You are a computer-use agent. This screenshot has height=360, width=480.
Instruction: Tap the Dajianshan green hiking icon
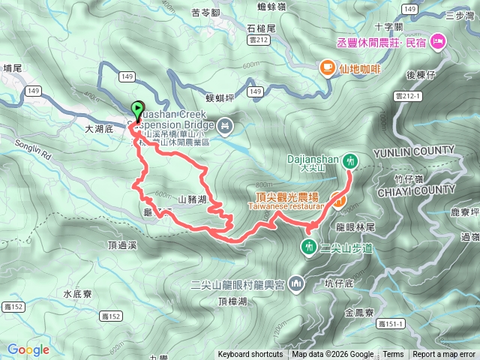(x=349, y=160)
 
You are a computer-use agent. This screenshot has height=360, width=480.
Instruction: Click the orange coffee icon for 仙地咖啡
(x=327, y=67)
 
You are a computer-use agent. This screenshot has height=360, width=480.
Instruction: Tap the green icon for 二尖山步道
(x=309, y=247)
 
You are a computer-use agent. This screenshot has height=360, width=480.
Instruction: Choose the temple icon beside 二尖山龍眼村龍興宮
(x=296, y=283)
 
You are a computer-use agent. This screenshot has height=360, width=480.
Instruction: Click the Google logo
(x=28, y=349)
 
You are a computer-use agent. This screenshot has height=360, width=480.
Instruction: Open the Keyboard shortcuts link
(x=250, y=355)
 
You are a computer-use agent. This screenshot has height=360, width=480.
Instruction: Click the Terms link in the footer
(x=393, y=355)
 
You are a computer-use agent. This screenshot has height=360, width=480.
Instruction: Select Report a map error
(x=444, y=355)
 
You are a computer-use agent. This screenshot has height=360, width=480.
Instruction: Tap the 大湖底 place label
(x=98, y=129)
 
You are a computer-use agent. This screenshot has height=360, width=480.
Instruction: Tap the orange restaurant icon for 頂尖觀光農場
(x=339, y=200)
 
